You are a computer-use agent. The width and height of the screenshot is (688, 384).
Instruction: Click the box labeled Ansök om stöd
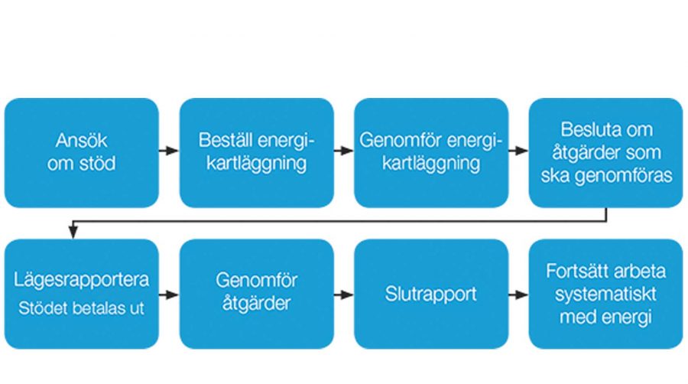81,152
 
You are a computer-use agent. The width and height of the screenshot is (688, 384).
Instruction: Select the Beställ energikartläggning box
256,152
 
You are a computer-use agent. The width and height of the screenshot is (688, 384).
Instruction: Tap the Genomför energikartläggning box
430,152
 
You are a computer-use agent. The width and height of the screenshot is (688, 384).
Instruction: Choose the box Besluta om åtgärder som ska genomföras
605,152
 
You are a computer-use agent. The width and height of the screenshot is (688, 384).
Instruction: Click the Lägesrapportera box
81,294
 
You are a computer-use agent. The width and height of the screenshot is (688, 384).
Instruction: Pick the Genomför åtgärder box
256,294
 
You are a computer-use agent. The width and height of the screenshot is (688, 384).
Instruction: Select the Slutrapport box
430,294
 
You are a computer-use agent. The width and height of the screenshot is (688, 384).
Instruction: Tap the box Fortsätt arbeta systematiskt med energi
605,294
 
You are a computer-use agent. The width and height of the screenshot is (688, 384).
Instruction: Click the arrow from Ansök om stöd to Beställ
169,151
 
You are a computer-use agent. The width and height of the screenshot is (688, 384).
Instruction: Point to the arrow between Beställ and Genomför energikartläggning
343,151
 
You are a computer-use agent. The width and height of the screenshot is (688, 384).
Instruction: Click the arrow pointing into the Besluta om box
518,151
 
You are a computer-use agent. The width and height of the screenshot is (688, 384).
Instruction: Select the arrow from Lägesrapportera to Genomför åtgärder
169,295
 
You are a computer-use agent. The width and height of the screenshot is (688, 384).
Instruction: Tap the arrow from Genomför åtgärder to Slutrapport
343,295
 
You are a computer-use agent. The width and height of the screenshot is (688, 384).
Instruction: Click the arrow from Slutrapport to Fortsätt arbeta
518,295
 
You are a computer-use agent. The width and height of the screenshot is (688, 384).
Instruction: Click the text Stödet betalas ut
81,311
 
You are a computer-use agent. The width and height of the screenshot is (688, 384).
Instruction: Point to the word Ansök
81,142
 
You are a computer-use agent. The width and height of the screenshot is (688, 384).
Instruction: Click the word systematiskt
605,295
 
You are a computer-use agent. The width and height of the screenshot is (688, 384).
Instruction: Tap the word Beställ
223,142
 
